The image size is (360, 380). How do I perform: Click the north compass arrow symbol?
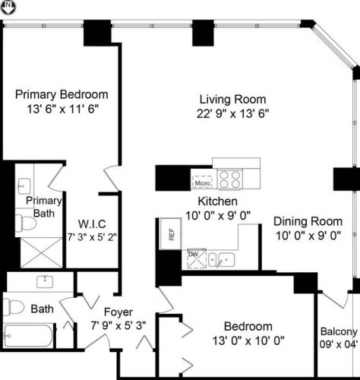(8, 7)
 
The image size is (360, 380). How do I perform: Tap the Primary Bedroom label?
(62, 94)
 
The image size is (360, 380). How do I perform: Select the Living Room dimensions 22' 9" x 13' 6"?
(232, 113)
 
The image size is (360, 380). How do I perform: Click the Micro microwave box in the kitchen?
(202, 182)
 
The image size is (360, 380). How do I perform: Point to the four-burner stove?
(230, 179)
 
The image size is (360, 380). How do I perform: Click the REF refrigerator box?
(171, 234)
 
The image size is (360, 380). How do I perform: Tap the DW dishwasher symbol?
(197, 258)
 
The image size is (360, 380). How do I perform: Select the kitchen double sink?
(221, 260)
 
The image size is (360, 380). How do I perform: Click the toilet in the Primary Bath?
(26, 223)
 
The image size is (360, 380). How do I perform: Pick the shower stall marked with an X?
(41, 252)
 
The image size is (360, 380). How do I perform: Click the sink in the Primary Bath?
(24, 185)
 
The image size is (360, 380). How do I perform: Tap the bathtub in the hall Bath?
(28, 336)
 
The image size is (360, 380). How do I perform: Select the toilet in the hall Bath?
(14, 307)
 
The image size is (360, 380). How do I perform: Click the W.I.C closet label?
(92, 224)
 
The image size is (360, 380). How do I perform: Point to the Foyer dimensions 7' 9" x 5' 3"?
(118, 325)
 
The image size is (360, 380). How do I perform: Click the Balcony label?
(339, 331)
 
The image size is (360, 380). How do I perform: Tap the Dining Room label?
(308, 221)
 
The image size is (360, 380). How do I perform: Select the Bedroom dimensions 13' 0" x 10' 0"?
(248, 340)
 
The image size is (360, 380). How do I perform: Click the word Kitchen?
(217, 201)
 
